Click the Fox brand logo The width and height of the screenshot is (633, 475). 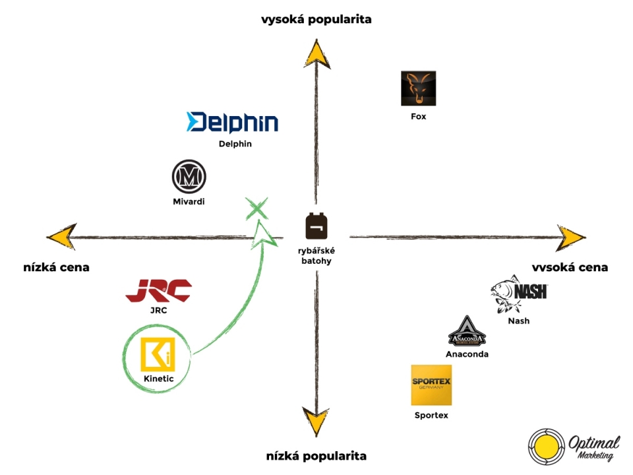point(418,88)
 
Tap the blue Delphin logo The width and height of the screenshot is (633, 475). point(232,122)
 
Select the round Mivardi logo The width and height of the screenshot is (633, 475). point(189,177)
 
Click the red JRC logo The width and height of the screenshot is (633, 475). point(158,290)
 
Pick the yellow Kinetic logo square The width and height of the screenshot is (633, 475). point(158,354)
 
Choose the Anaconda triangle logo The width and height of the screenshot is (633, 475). point(467,331)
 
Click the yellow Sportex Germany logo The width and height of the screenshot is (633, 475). point(431,385)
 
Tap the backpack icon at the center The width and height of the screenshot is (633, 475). point(316,226)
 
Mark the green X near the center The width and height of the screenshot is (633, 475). point(256,208)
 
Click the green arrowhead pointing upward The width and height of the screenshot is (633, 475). point(263,235)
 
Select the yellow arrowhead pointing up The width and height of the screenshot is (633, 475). point(317,53)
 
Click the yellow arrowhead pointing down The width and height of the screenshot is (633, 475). point(316,422)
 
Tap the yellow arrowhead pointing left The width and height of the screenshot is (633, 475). point(61,236)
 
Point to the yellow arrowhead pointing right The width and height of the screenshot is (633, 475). point(571,238)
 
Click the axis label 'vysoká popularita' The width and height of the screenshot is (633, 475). point(316,19)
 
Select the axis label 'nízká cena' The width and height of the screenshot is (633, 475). point(56,267)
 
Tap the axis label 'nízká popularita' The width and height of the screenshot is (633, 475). point(316,456)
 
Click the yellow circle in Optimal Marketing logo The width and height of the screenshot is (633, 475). point(547,447)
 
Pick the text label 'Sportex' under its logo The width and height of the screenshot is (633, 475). point(431,415)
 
